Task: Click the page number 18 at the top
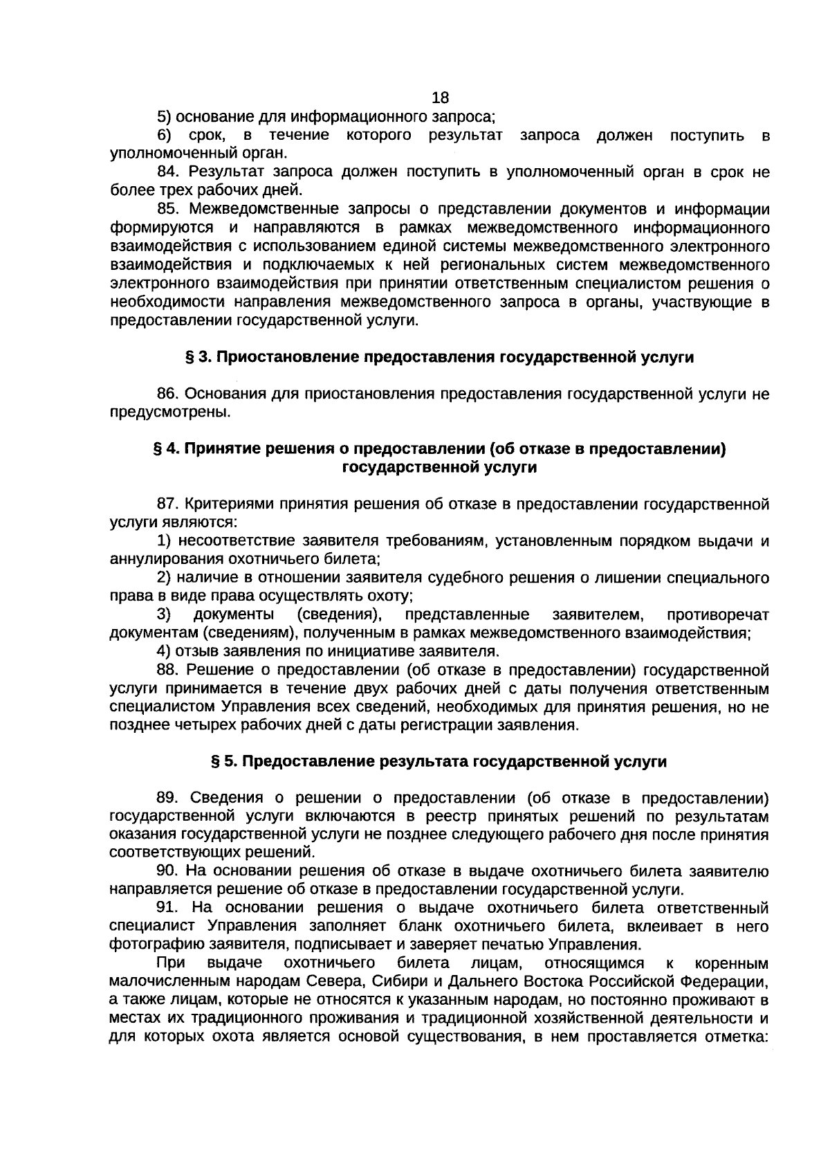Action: point(440,98)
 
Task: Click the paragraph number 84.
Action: point(169,172)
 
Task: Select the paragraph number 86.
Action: point(169,394)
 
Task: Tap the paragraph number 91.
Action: point(169,907)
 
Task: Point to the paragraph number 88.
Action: point(169,670)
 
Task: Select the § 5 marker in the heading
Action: point(221,761)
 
